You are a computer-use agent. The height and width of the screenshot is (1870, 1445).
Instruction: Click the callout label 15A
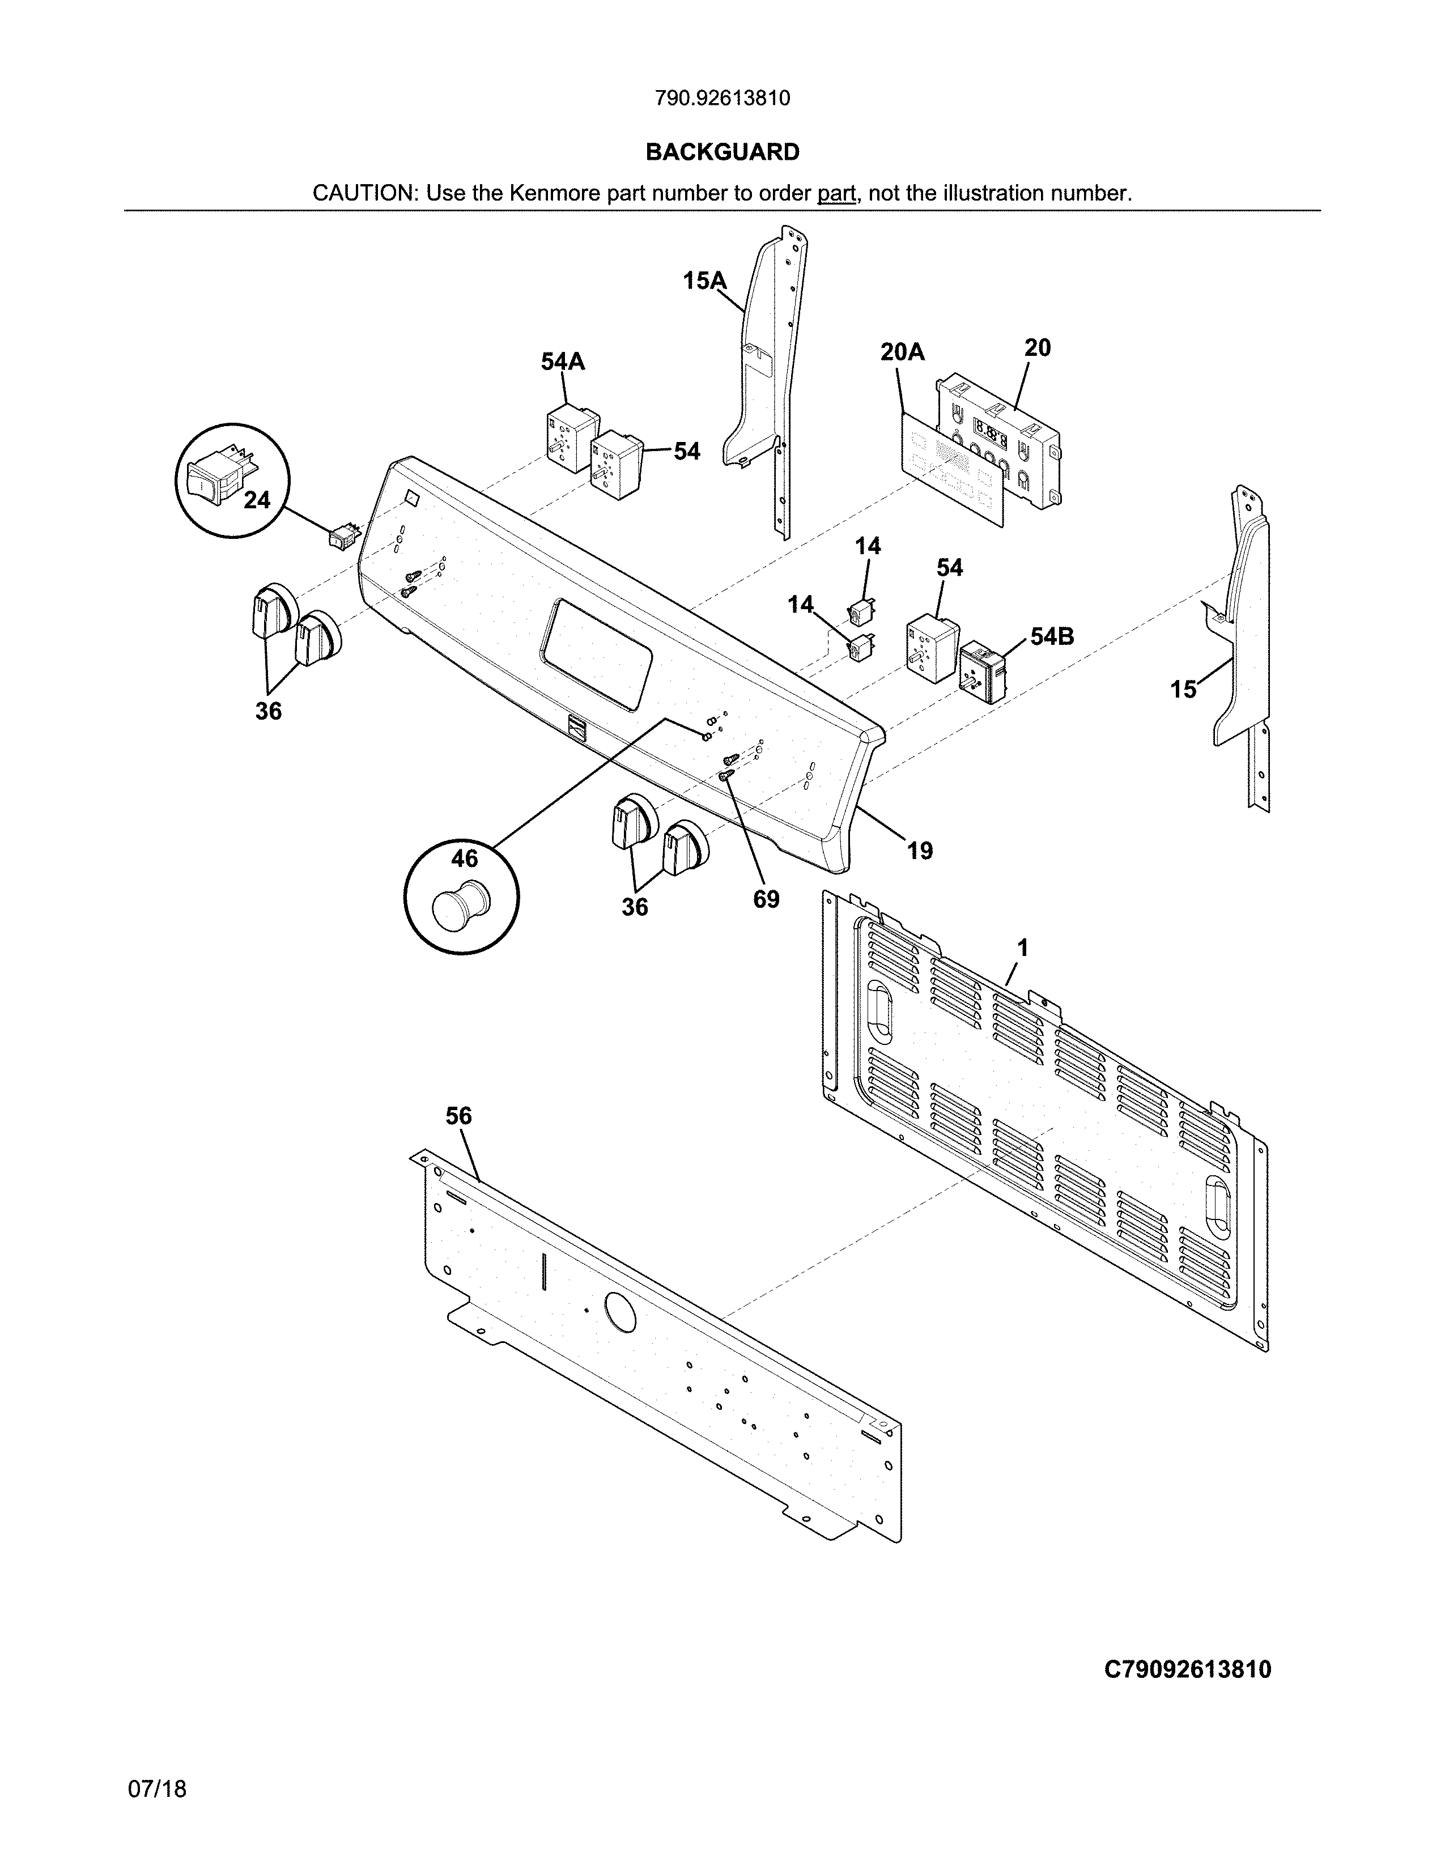704,281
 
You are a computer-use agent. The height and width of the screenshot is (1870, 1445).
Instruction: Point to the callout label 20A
902,352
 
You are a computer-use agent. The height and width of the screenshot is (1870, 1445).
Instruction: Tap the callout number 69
766,899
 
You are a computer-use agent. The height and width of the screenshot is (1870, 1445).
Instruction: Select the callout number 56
459,1116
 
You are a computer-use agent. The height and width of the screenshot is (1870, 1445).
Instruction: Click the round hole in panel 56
620,1312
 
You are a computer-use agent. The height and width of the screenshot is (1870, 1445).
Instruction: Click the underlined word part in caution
836,193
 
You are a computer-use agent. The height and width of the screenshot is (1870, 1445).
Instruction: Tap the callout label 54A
563,362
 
